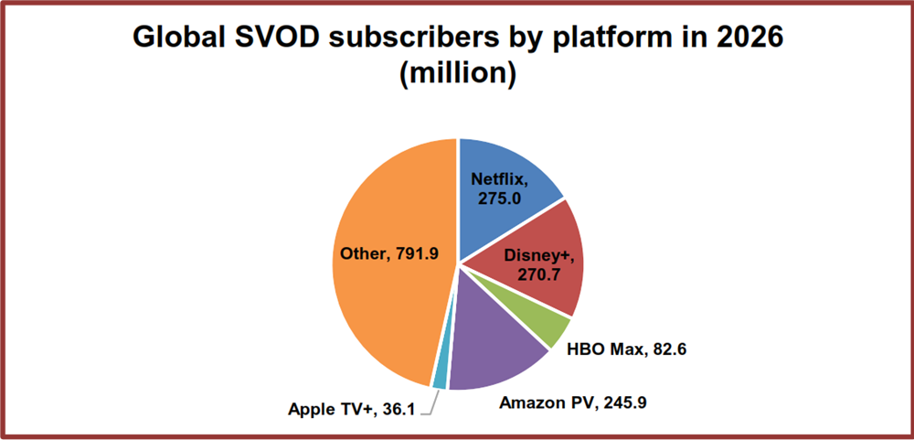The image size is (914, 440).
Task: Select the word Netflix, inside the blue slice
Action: tap(499, 178)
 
